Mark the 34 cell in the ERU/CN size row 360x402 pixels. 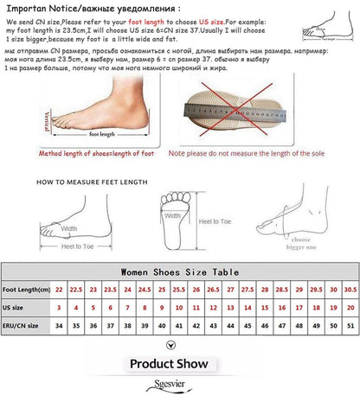coord(59,327)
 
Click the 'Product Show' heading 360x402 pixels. coord(180,364)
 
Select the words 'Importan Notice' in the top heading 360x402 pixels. coord(35,7)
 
